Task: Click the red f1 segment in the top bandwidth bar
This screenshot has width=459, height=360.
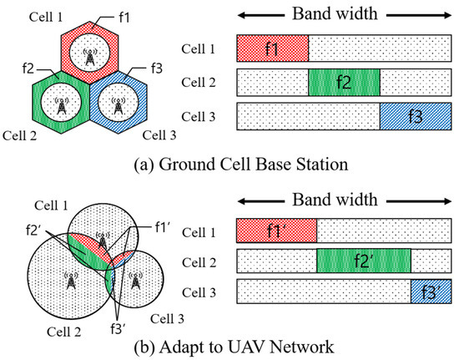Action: (x=273, y=48)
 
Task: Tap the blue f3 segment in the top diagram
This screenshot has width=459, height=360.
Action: (x=416, y=115)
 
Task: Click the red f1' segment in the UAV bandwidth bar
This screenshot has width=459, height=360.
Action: (x=276, y=230)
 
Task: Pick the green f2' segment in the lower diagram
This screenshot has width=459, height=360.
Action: (x=364, y=261)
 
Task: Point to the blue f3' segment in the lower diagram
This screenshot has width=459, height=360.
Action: (x=431, y=292)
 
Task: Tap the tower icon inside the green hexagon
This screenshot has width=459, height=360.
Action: (x=60, y=105)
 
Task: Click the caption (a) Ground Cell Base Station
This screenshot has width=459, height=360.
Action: (x=229, y=161)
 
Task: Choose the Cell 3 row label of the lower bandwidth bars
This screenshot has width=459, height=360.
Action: (x=204, y=292)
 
